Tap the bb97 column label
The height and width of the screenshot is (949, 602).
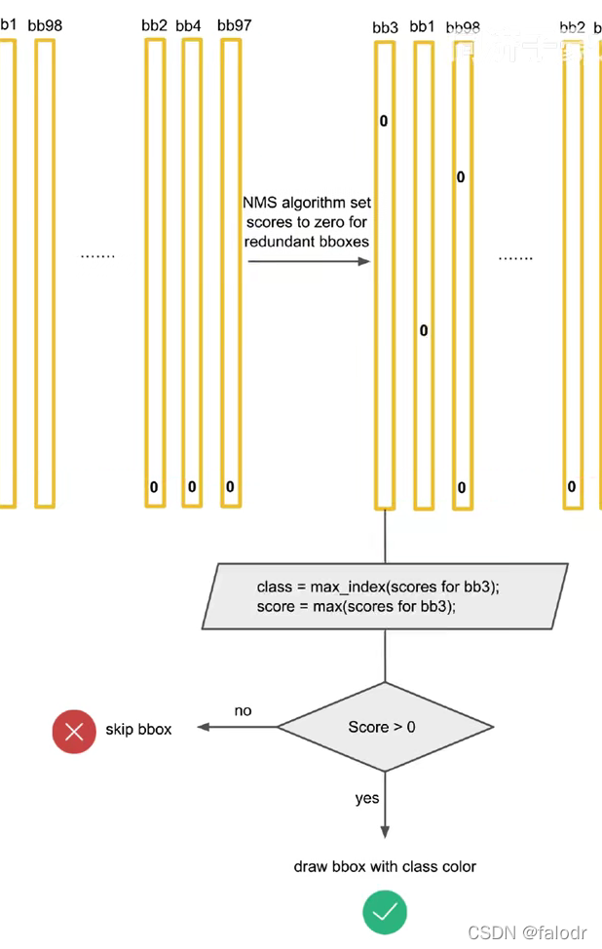tap(234, 25)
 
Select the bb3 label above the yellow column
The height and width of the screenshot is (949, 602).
tap(385, 27)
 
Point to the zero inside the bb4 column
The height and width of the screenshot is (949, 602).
tap(192, 486)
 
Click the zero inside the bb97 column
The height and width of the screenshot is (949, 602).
tap(230, 486)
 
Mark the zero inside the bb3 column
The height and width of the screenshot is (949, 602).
tap(384, 122)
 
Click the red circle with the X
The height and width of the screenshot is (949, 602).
tap(74, 731)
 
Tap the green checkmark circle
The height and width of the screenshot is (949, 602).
tap(385, 912)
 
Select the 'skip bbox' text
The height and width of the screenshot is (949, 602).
tap(138, 729)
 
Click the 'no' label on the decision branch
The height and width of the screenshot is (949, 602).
tap(243, 711)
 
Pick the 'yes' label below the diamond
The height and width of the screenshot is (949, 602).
tap(367, 798)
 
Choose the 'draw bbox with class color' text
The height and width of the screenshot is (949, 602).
tap(385, 866)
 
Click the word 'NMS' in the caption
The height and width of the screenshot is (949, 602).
tap(259, 203)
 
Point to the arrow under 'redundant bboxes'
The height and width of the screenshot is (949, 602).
tap(308, 261)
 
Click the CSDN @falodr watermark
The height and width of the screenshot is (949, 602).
tap(527, 932)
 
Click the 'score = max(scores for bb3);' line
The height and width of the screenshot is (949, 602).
tap(357, 606)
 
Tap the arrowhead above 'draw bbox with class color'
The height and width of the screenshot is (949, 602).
tap(385, 830)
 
